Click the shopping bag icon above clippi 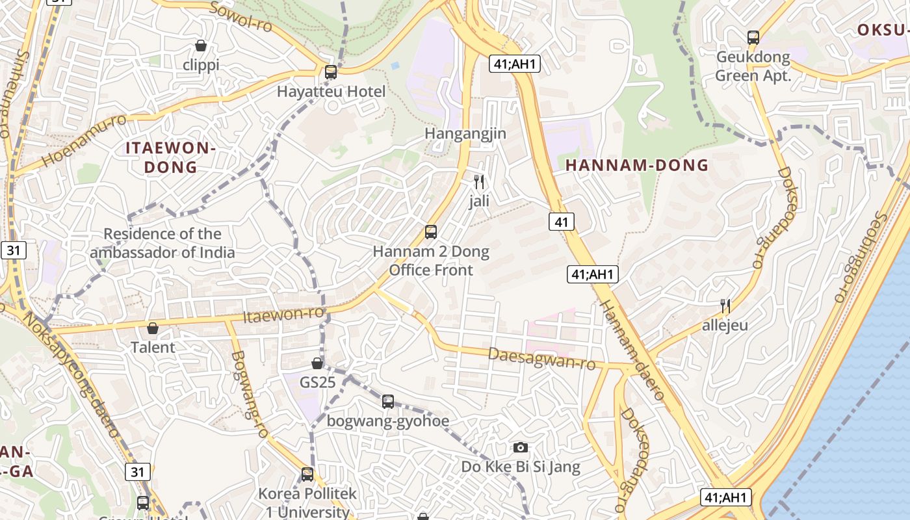coord(201,45)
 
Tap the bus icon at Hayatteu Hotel coord(331,72)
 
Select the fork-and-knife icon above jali coord(479,182)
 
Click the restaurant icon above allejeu coord(725,305)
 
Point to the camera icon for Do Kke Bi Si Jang coord(520,447)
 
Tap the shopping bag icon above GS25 coord(317,363)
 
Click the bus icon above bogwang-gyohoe coord(388,401)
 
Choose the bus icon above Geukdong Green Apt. coord(753,37)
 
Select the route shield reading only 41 coord(562,222)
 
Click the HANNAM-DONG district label coord(637,165)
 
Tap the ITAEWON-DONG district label coord(170,157)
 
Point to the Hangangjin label coord(465,133)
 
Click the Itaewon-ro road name coord(283,315)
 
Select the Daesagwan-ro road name coord(541,358)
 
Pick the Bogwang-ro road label coord(250,394)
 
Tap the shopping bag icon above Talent coord(153,328)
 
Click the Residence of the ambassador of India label coord(162,243)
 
